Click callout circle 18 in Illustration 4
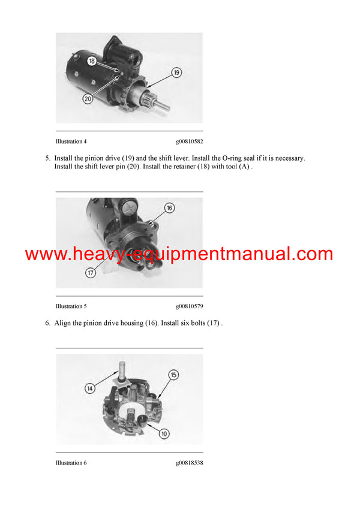(x=92, y=61)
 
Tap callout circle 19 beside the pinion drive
(x=177, y=73)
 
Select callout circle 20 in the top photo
(x=88, y=99)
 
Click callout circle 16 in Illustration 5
(x=170, y=207)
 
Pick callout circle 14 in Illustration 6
(x=89, y=388)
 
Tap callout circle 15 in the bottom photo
(x=173, y=375)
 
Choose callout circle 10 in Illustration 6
(x=164, y=432)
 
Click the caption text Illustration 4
(x=71, y=141)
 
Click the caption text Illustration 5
(x=71, y=306)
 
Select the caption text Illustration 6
(x=71, y=463)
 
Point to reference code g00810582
(x=189, y=141)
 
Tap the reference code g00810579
(x=189, y=306)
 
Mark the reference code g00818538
(x=189, y=463)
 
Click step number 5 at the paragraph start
(x=47, y=158)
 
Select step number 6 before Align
(x=47, y=323)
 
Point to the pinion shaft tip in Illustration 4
(x=166, y=109)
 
